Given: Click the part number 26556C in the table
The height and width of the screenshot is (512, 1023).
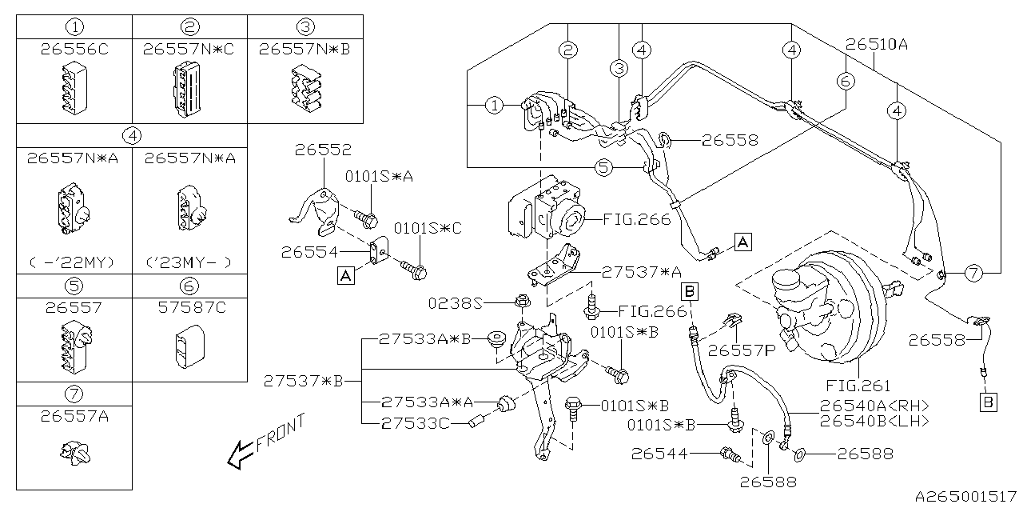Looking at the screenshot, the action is pos(74,49).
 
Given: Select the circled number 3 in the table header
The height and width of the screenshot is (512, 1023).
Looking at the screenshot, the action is pos(305,27).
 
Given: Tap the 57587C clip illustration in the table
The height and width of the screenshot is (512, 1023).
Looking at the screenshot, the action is pos(190,346).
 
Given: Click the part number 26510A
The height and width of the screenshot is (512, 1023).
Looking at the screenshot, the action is pos(877,44).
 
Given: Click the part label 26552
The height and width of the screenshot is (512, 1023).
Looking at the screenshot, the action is pos(323,150).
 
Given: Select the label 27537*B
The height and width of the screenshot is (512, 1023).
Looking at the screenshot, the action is pos(303,381).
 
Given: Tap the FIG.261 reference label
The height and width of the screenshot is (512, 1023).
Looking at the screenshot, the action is pos(858,386).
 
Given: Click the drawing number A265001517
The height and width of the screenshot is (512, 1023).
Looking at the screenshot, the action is pos(965,496).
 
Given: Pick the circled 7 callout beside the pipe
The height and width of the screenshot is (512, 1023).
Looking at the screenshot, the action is pos(973,274).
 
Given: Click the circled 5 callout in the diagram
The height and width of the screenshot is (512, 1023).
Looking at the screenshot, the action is pos(603,167).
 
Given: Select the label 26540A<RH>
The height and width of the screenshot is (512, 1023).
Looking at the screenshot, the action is pos(874,406).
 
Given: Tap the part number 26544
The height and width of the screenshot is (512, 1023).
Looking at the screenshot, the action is pos(659,454).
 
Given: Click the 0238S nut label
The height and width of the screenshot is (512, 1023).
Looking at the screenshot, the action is pos(456,302).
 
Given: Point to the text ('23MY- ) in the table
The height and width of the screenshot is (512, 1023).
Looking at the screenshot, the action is pos(189,262).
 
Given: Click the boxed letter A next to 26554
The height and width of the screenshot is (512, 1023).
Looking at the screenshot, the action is pos(346,276).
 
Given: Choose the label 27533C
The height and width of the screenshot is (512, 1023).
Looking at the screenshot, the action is pos(415,424).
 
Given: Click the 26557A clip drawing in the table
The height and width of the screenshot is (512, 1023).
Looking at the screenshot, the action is pos(75,453).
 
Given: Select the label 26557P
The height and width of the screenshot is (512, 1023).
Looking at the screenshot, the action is pos(741,350).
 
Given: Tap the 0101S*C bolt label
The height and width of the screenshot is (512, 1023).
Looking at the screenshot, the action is pos(428,228).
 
